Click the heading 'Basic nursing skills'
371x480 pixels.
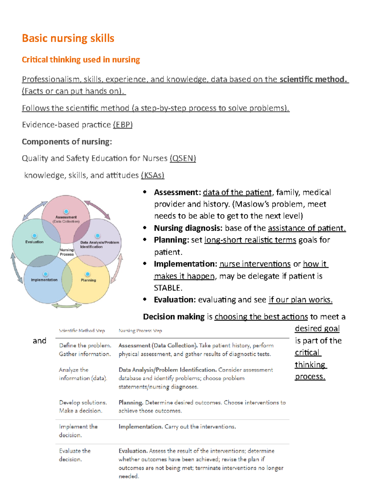68,38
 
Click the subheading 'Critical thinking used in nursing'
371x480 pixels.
81,60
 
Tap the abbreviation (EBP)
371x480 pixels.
123,125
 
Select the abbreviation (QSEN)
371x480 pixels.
183,158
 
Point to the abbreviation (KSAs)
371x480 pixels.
152,175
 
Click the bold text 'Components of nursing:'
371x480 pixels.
67,142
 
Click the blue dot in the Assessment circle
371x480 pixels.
66,212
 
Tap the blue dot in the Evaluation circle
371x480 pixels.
35,236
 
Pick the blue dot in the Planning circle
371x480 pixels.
88,274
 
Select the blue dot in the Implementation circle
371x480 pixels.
45,274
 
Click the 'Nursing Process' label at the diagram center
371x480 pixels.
67,252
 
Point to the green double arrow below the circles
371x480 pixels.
66,306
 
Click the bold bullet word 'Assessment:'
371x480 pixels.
177,192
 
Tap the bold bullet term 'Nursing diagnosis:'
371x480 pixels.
188,228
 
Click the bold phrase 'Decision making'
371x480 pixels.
174,316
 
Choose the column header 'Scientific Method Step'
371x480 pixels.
82,331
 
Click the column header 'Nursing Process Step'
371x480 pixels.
140,331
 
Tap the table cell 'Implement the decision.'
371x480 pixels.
78,431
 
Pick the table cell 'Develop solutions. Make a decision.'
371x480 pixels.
83,406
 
